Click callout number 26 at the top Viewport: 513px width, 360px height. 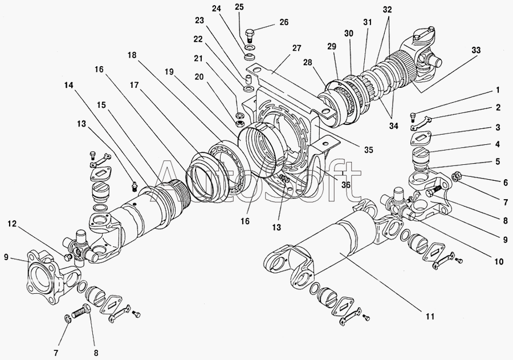coord(284,22)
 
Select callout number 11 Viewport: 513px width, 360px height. coord(430,317)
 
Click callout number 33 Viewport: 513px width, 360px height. coord(477,50)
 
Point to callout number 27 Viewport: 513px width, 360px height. coord(296,48)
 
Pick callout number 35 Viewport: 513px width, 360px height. coord(368,150)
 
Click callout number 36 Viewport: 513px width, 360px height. coord(346,185)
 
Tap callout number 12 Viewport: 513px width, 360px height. coord(12,224)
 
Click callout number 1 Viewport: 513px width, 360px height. coord(498,90)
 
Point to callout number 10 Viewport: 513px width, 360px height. coord(499,262)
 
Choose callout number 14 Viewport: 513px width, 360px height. coord(69,86)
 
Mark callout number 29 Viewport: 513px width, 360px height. coord(331,47)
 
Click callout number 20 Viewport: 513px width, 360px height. coord(208,77)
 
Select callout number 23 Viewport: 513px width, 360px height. coord(199,21)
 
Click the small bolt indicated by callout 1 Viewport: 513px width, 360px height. coord(413,116)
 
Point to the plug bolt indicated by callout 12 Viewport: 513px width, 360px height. coord(68,257)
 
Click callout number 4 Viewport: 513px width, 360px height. coord(498,144)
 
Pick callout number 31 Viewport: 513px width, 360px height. coord(368,22)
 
